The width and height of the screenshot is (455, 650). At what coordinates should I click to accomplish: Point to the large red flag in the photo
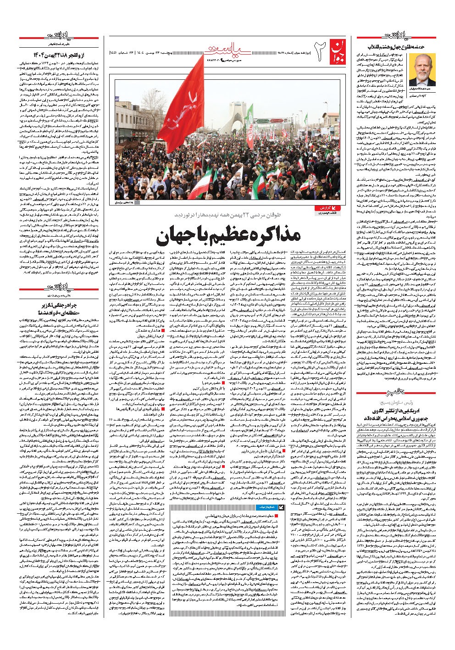[x=187, y=108]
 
